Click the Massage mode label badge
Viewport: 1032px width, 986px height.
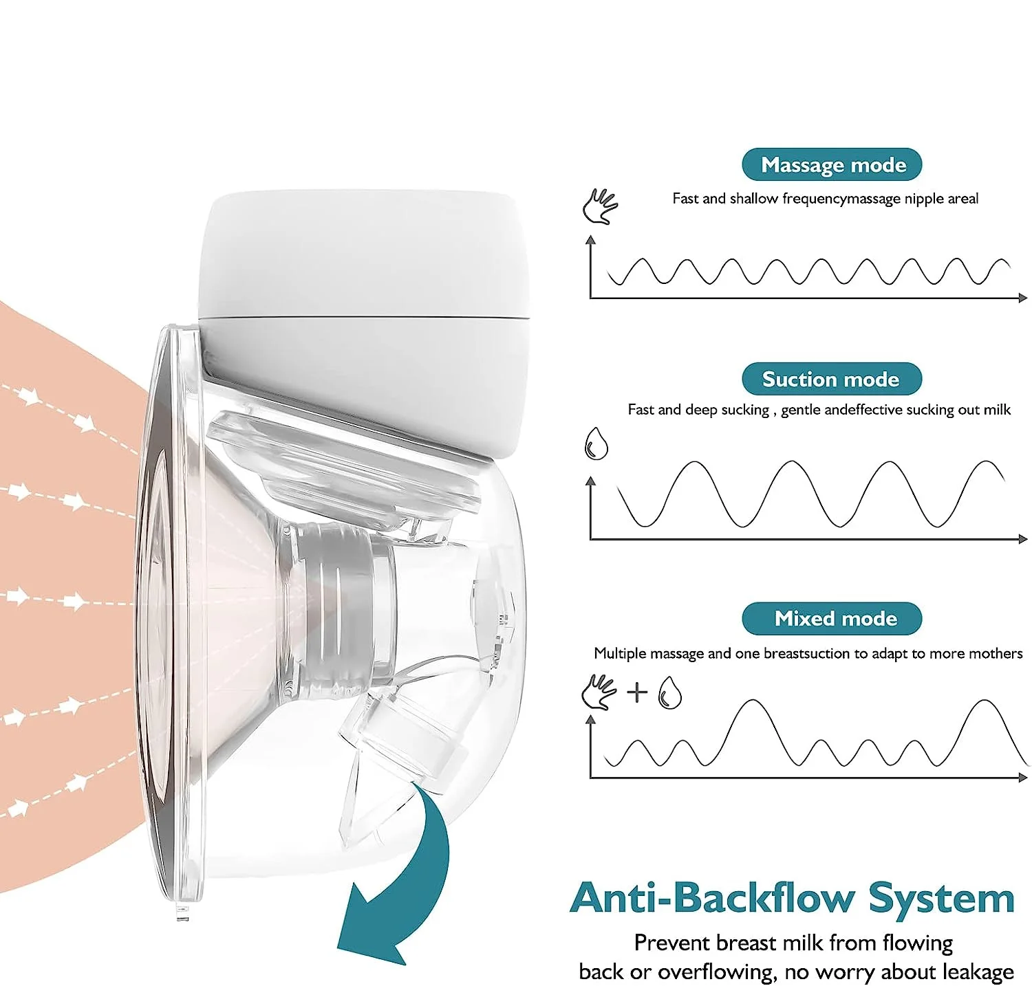pyautogui.click(x=832, y=165)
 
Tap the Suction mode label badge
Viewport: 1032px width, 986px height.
pyautogui.click(x=831, y=379)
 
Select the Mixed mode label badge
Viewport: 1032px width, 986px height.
pyautogui.click(x=832, y=618)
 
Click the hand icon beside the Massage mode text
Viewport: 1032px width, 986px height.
pyautogui.click(x=600, y=206)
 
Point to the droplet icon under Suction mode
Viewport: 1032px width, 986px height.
pyautogui.click(x=596, y=443)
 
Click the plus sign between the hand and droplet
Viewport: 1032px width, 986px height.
pyautogui.click(x=637, y=691)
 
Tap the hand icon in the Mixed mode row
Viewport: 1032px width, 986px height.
pyautogui.click(x=599, y=692)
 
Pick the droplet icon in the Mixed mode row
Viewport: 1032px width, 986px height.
pyautogui.click(x=669, y=692)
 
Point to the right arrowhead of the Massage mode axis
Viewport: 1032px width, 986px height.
pyautogui.click(x=1023, y=298)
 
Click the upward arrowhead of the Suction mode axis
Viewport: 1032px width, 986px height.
pyautogui.click(x=590, y=481)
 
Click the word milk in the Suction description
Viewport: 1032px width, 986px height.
pyautogui.click(x=997, y=410)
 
